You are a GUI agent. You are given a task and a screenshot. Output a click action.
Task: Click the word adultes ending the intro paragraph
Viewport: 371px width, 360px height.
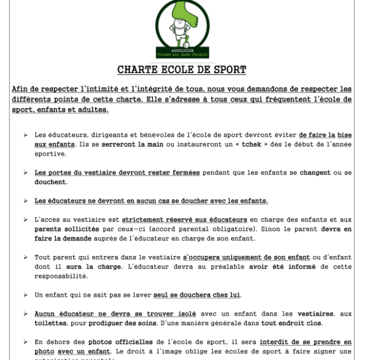pyautogui.click(x=91, y=110)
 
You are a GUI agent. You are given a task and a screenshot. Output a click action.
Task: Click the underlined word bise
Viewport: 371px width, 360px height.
pyautogui.click(x=345, y=135)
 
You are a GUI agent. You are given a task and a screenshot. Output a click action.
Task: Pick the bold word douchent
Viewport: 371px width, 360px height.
pyautogui.click(x=50, y=182)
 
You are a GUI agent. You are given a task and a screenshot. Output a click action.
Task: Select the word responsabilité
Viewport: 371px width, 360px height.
pyautogui.click(x=61, y=276)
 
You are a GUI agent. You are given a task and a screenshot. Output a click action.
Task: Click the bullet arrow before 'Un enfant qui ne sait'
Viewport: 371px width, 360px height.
pyautogui.click(x=25, y=295)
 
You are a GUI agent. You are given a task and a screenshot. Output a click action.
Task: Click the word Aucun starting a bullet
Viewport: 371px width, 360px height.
pyautogui.click(x=46, y=314)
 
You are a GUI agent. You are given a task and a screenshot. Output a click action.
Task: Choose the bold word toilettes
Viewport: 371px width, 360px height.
pyautogui.click(x=50, y=323)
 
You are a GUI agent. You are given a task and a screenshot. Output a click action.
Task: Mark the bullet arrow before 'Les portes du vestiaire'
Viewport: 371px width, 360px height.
pyautogui.click(x=25, y=173)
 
